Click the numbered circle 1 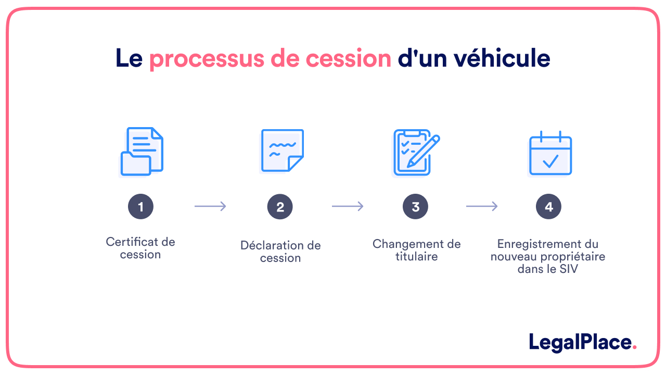pos(141,207)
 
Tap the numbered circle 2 pos(280,207)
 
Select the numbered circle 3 pos(415,207)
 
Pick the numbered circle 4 pos(548,207)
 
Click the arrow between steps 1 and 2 pos(210,207)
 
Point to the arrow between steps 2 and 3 pos(348,207)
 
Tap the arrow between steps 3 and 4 pos(482,207)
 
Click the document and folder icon pos(142,151)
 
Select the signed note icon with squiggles pos(281,151)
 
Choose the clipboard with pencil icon pos(415,152)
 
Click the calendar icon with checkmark pos(550,154)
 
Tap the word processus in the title pos(207,58)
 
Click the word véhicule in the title pos(502,58)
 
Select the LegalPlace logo pos(582,342)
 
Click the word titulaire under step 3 pos(416,256)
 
